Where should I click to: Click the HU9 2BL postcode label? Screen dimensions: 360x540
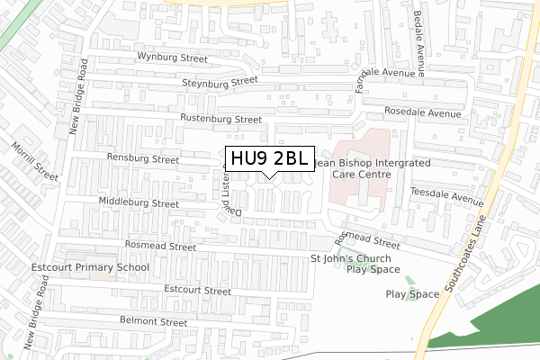pyautogui.click(x=269, y=159)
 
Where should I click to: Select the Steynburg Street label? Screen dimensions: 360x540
pyautogui.click(x=220, y=84)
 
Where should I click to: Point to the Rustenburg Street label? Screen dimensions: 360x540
pyautogui.click(x=220, y=119)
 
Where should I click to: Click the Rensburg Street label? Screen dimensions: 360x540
pyautogui.click(x=143, y=159)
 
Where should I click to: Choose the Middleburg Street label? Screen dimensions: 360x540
pyautogui.click(x=139, y=203)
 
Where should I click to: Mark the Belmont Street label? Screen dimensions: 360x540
pyautogui.click(x=149, y=321)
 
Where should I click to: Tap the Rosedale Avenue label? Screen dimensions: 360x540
pyautogui.click(x=422, y=114)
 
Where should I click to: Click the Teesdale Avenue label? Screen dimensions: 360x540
pyautogui.click(x=445, y=194)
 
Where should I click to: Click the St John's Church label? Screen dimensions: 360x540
pyautogui.click(x=355, y=259)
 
